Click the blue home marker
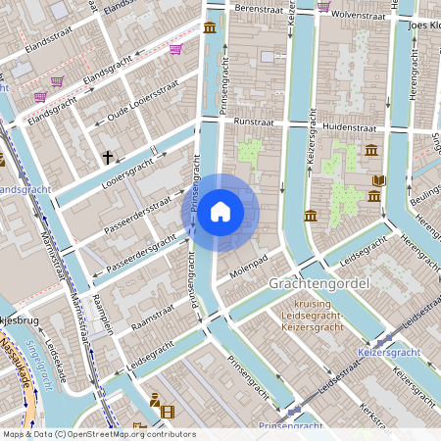[x=220, y=212]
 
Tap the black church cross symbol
[x=108, y=157]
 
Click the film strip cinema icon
[x=167, y=412]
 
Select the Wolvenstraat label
[x=363, y=15]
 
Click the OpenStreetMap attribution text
[x=98, y=434]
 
